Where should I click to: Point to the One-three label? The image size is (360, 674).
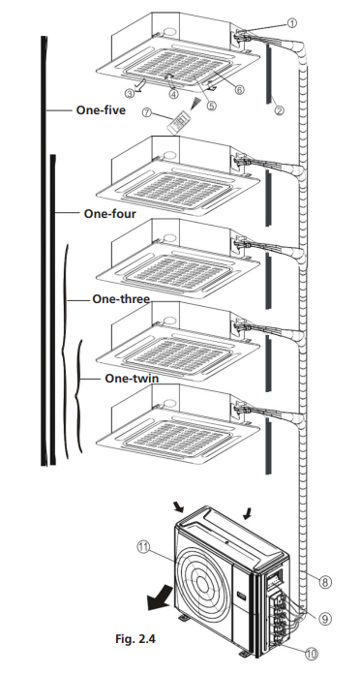120,299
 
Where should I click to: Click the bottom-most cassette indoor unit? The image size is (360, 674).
184,423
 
